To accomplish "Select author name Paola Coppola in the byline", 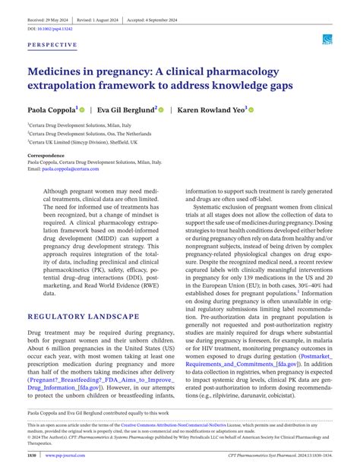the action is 51,109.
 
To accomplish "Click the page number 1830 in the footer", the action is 33,456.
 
